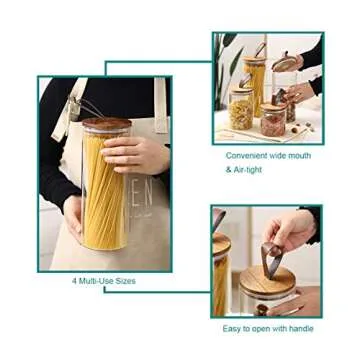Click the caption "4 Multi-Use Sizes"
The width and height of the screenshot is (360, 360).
[103, 281]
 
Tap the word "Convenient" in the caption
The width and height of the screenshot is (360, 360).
[245, 155]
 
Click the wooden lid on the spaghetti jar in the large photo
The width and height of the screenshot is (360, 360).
[107, 124]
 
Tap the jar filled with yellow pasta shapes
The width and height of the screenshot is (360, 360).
[241, 110]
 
